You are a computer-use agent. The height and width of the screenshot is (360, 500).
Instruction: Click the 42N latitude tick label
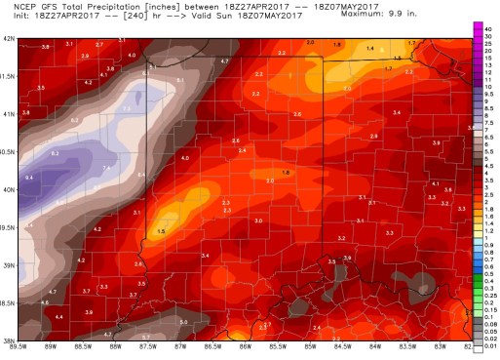9,39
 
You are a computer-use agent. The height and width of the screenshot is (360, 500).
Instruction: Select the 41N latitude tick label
9,114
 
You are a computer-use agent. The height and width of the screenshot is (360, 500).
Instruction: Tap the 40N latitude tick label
9,190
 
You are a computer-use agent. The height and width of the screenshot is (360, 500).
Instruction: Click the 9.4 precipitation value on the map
29,178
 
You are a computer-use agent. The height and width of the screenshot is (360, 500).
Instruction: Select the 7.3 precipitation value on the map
128,107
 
